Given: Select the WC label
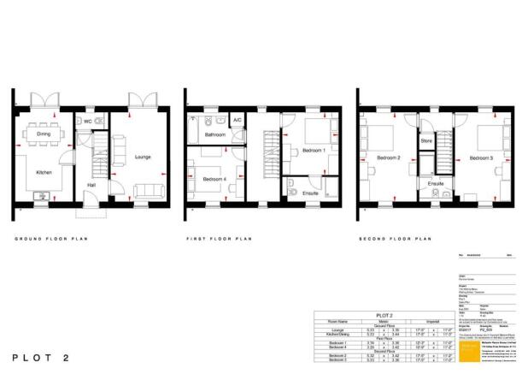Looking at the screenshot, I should (87, 122).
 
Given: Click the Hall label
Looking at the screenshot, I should (91, 185).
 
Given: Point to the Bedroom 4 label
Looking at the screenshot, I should (214, 179).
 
